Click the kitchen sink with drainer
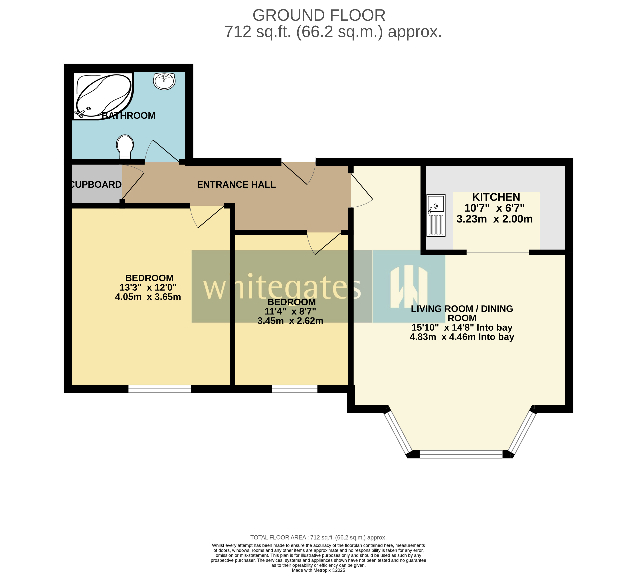[x=436, y=215]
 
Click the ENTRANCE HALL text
[x=236, y=185]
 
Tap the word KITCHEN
[x=496, y=197]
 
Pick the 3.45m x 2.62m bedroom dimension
[x=290, y=321]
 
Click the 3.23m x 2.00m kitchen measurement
[x=494, y=219]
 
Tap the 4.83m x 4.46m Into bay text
[x=462, y=337]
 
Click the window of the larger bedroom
[x=160, y=389]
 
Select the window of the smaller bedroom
[x=295, y=389]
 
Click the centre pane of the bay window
[x=461, y=454]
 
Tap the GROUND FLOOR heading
[x=319, y=15]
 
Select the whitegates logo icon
[x=409, y=287]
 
